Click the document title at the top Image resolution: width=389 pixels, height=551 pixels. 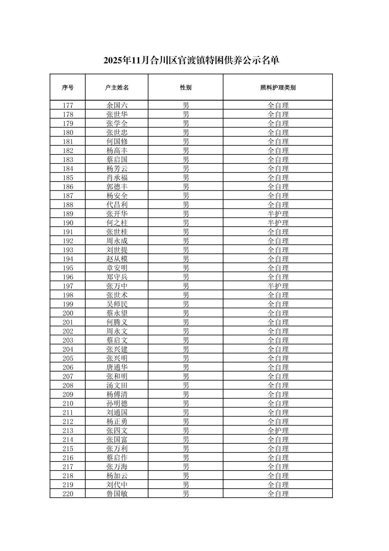(191, 60)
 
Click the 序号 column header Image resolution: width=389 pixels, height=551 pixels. (68, 87)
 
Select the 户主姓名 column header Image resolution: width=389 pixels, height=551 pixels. (117, 87)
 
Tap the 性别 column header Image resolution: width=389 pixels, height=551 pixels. (185, 87)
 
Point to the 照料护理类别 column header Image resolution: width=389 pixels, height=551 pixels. (278, 87)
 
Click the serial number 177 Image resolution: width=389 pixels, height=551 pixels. (68, 105)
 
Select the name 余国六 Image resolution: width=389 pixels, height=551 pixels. (117, 105)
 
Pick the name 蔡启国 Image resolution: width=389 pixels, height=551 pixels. (117, 159)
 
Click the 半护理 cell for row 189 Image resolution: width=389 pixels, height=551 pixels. (278, 214)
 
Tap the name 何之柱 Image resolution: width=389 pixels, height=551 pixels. (117, 223)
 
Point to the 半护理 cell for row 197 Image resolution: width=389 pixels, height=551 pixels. (278, 286)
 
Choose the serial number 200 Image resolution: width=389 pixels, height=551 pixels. (68, 313)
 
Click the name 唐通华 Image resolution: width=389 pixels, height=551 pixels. (117, 367)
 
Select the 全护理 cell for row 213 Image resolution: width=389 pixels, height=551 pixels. (278, 431)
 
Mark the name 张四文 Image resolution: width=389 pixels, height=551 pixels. (117, 431)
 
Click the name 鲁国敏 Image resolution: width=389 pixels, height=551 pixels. (117, 494)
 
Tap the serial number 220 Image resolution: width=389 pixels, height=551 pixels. (68, 494)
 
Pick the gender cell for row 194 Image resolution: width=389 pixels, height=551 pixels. (185, 259)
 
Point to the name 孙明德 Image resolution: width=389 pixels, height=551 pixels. (117, 403)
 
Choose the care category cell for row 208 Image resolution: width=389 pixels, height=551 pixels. (278, 385)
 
